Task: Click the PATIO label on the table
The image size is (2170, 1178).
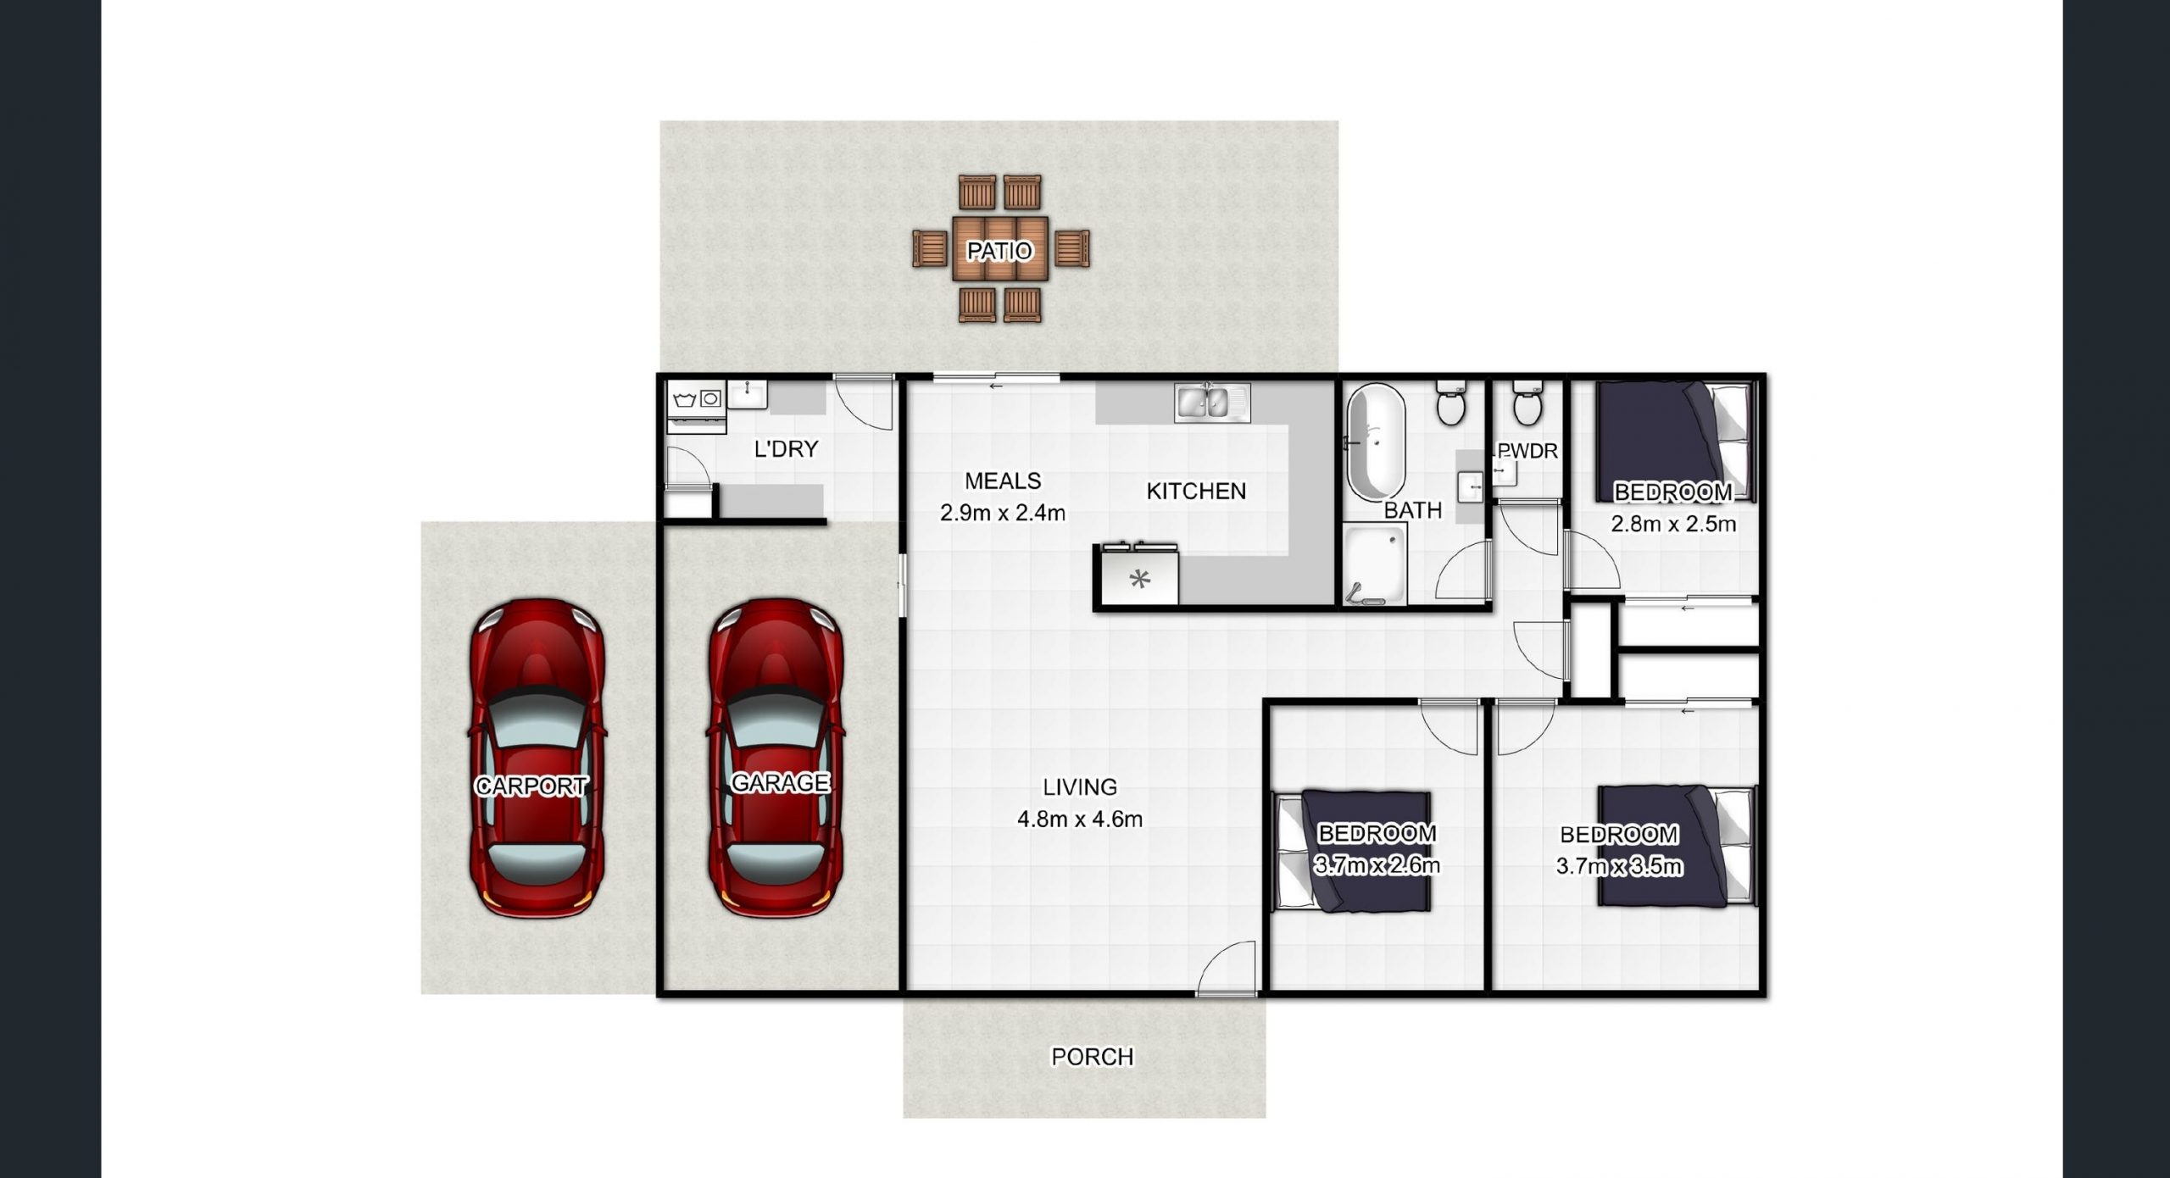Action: [999, 250]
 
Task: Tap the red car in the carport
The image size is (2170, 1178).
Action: [537, 758]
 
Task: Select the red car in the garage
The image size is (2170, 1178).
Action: [776, 758]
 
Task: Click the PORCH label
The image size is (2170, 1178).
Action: [1092, 1057]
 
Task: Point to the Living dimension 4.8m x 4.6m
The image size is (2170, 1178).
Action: [1080, 820]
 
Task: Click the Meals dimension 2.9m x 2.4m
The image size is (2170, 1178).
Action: [1003, 513]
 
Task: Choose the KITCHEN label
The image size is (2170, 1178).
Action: [1196, 491]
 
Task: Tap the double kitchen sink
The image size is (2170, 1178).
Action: [1212, 403]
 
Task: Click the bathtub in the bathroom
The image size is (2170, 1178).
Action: [1376, 443]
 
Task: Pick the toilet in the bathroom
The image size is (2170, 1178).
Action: [1450, 403]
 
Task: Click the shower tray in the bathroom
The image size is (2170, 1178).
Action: [1375, 564]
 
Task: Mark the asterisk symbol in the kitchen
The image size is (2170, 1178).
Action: [1140, 580]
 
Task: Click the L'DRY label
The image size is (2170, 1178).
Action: [786, 448]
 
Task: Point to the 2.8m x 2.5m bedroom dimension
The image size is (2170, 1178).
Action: [1673, 524]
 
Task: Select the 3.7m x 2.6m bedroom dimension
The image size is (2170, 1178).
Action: [1377, 865]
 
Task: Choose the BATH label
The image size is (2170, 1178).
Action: [1413, 510]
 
